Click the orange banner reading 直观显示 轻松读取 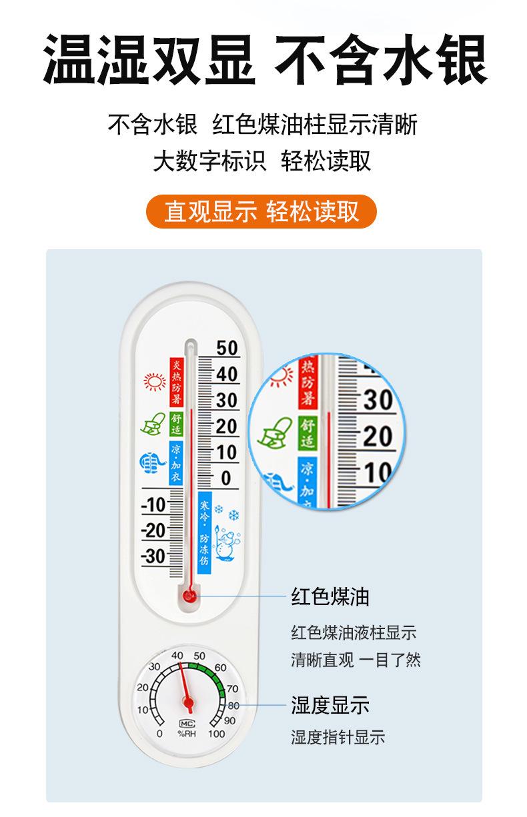261,211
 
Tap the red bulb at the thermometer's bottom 189,596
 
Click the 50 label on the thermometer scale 227,348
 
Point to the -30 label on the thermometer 153,556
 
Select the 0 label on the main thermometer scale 226,478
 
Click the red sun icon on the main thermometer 155,381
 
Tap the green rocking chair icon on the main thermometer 153,424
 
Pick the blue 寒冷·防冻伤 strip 205,532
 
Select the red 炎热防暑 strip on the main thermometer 176,382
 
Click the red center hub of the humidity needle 188,701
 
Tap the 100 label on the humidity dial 216,734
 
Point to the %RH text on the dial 187,734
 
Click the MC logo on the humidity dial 187,724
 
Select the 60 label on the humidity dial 220,668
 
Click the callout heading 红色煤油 330,596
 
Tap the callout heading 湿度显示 330,704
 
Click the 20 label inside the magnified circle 378,436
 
